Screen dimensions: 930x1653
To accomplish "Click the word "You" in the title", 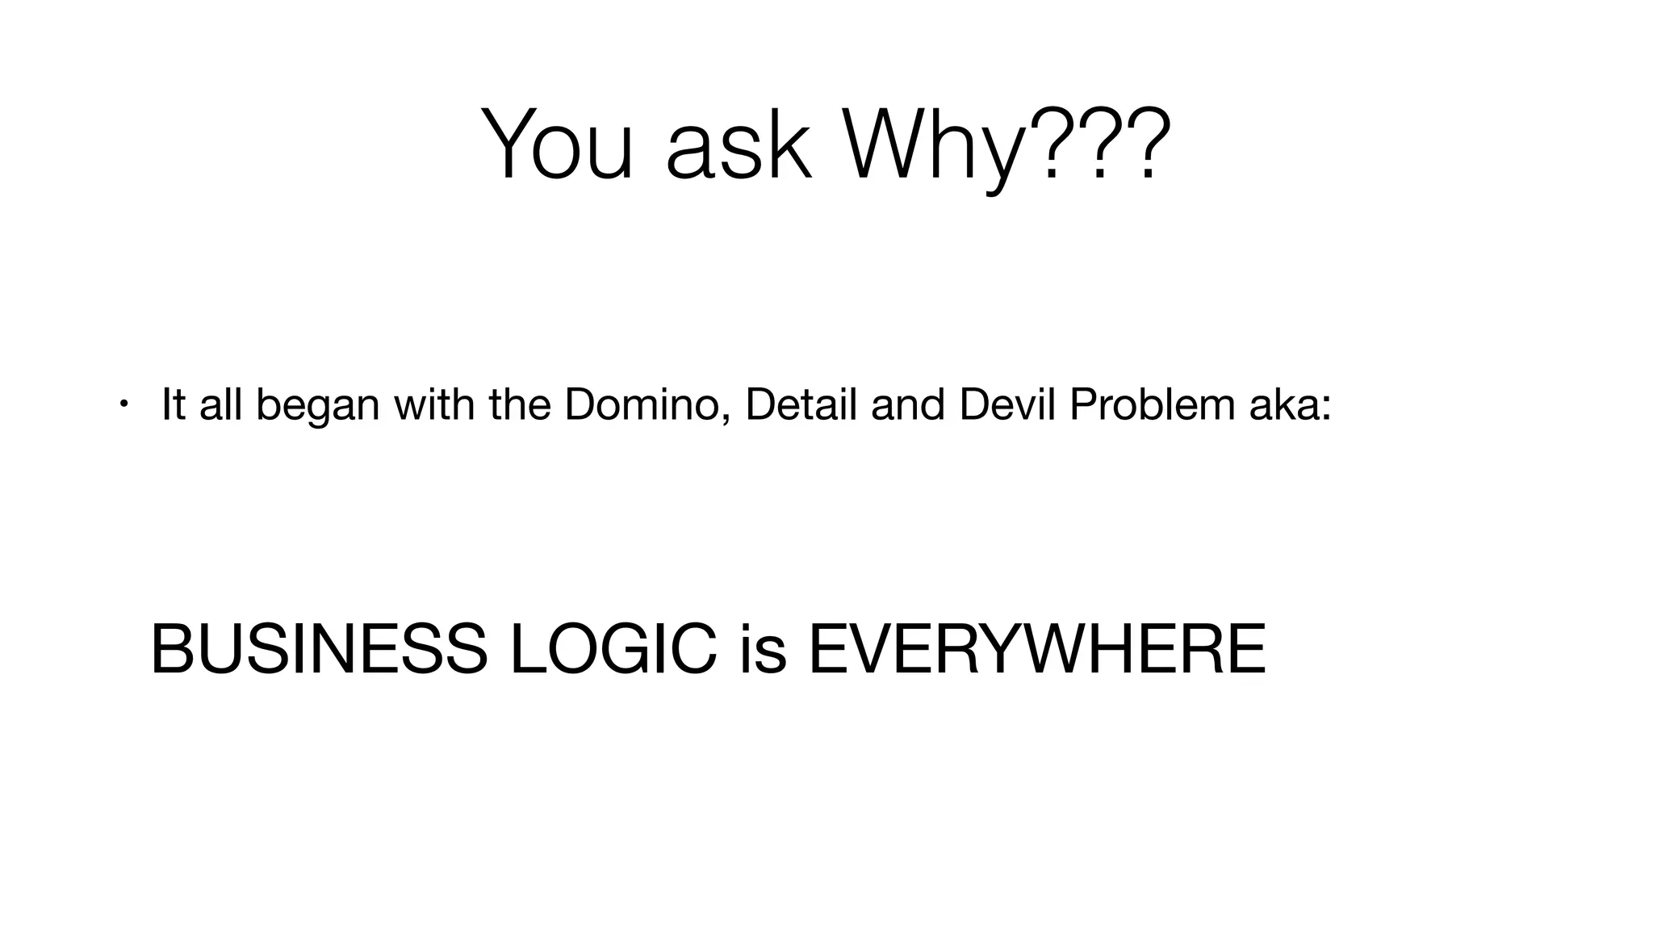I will click(556, 145).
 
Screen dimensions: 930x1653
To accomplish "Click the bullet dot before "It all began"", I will click(123, 403).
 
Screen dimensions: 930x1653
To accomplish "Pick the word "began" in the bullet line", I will click(317, 406).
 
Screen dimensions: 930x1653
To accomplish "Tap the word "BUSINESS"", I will click(319, 650).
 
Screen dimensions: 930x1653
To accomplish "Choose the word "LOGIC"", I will click(613, 650).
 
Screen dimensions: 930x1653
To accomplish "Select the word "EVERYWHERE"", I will click(1036, 650).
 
